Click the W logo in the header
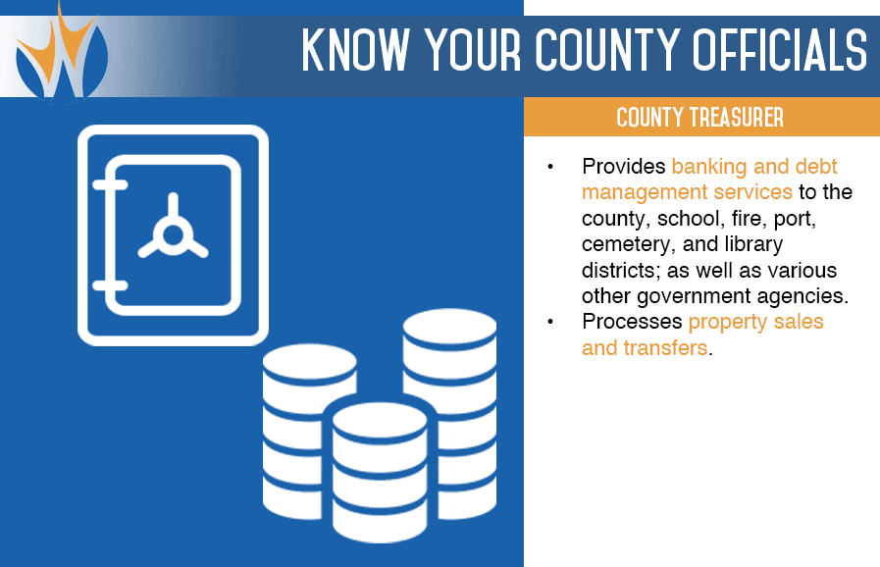tap(61, 55)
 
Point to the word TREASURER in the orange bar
tap(737, 118)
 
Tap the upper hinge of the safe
tap(110, 185)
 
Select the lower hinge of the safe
tap(110, 285)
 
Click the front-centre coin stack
tap(380, 472)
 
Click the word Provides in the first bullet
tap(624, 166)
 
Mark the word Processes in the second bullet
tap(632, 322)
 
